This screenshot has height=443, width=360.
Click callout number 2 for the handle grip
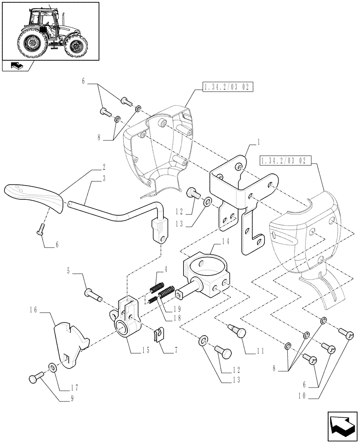pyautogui.click(x=103, y=168)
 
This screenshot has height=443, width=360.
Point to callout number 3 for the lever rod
pyautogui.click(x=103, y=177)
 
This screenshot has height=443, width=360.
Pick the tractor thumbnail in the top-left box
pyautogui.click(x=50, y=30)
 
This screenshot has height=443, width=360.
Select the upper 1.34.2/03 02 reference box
pyautogui.click(x=227, y=88)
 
